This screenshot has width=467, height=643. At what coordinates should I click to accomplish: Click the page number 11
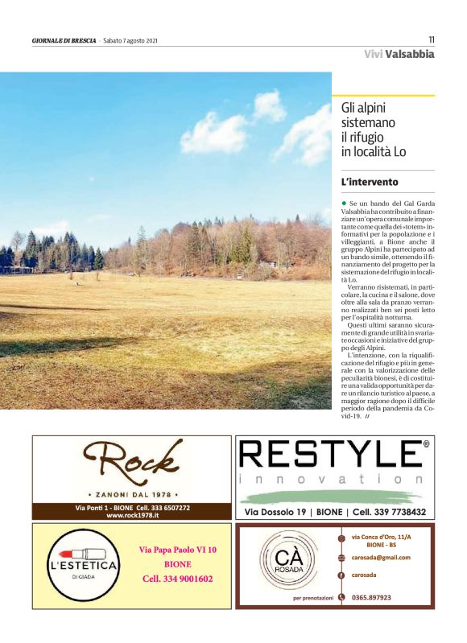coord(431,39)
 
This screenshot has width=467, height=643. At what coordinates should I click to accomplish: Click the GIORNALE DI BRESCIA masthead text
coord(64,40)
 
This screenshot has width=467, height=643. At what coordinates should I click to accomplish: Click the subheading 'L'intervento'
coord(370,183)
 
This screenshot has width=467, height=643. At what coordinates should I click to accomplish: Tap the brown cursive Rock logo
coord(134,464)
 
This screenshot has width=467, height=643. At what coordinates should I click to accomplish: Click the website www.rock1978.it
coord(133,515)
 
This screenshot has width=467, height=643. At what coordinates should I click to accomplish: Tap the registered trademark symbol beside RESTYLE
coord(426,443)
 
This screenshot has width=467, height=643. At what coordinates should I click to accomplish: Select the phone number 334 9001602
coord(177,579)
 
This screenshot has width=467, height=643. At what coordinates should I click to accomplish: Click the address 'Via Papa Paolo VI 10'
coord(178,550)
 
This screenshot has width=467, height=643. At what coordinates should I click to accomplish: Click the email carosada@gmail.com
coord(380,557)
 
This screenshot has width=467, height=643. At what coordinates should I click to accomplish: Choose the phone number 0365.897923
coord(372,597)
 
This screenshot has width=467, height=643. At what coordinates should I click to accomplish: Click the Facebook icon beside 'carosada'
coord(341,575)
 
